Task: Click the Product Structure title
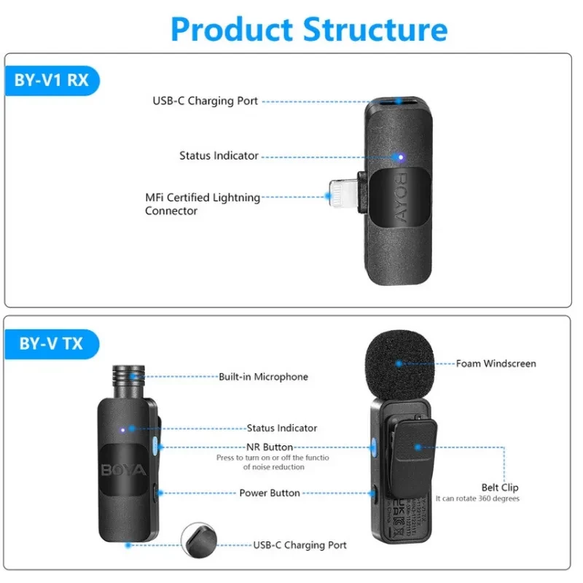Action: point(309,29)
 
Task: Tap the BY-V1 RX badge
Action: point(51,79)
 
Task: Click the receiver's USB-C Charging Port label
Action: point(205,101)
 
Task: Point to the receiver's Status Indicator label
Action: point(219,155)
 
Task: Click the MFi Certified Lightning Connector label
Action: point(203,204)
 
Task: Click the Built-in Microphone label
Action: point(263,377)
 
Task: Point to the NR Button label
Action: point(270,447)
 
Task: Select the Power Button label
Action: point(270,493)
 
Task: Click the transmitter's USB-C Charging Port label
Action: point(300,545)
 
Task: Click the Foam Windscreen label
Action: point(496,363)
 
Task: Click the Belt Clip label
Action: point(500,488)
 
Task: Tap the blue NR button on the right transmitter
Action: point(374,447)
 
